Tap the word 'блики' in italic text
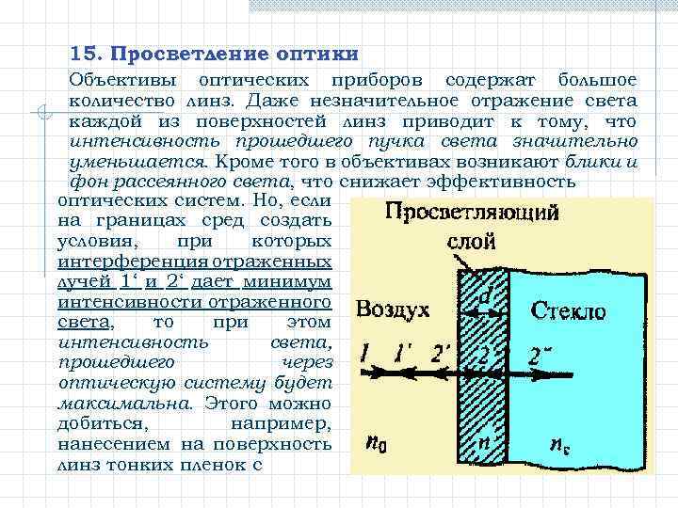pyautogui.click(x=600, y=161)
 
